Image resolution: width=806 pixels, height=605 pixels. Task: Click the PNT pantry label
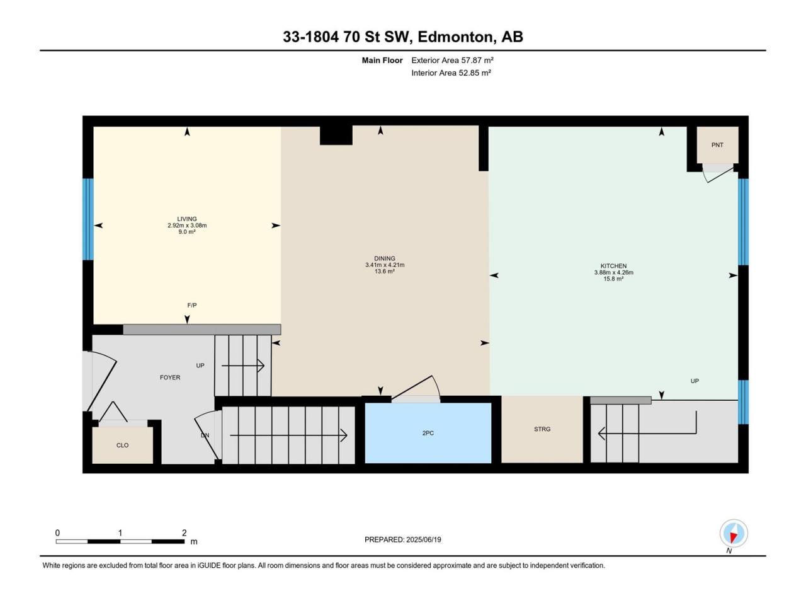click(717, 145)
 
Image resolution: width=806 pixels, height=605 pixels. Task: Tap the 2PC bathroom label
click(428, 433)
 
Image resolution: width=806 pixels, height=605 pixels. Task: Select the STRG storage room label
click(542, 429)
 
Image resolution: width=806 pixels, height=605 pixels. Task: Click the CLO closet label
click(122, 445)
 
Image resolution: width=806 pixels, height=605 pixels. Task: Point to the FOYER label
click(170, 377)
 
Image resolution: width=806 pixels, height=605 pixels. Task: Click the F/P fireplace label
click(191, 305)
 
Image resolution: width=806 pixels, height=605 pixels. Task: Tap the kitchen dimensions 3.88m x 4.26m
click(613, 272)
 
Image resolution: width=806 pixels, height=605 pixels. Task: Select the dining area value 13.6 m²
click(385, 271)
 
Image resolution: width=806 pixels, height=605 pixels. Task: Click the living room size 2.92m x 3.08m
click(187, 225)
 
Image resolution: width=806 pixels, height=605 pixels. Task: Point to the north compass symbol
click(734, 533)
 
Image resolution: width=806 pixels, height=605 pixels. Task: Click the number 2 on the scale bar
click(184, 533)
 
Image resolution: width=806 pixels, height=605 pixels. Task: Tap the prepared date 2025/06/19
click(423, 539)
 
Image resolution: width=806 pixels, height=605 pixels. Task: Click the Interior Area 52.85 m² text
click(451, 72)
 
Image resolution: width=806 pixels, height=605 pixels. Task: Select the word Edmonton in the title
click(455, 37)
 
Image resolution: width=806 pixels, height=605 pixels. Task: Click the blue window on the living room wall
click(88, 219)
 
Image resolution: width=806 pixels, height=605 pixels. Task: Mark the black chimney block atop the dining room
click(336, 135)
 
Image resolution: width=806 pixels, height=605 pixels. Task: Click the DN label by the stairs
click(205, 435)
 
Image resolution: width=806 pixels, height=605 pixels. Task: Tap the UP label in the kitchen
click(695, 381)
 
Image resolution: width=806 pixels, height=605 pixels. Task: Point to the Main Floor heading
click(382, 60)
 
